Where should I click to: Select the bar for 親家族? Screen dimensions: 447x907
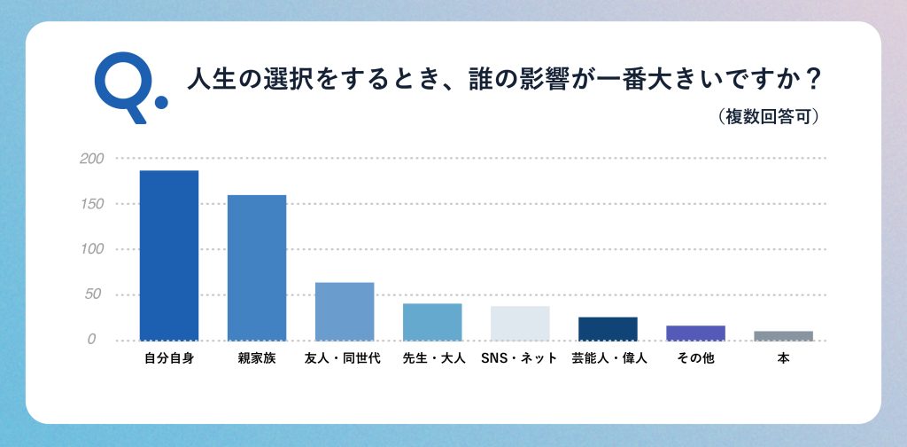[x=257, y=267]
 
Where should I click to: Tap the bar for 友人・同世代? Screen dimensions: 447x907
[x=345, y=311]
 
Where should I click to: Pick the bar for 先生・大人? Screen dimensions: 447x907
[x=432, y=322]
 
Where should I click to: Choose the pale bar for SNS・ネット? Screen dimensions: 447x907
[x=520, y=323]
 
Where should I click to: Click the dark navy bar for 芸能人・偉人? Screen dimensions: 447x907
[x=608, y=328]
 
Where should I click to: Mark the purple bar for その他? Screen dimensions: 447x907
[x=695, y=333]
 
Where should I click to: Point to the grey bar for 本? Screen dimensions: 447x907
[x=783, y=335]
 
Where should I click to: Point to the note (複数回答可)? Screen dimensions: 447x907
[x=768, y=116]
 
